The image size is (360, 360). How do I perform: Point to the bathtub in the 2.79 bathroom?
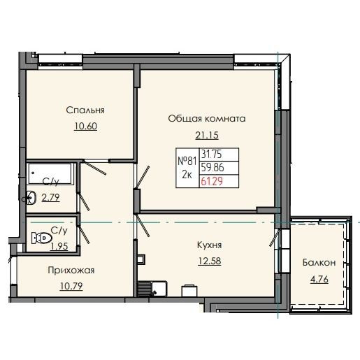(x=52, y=171)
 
